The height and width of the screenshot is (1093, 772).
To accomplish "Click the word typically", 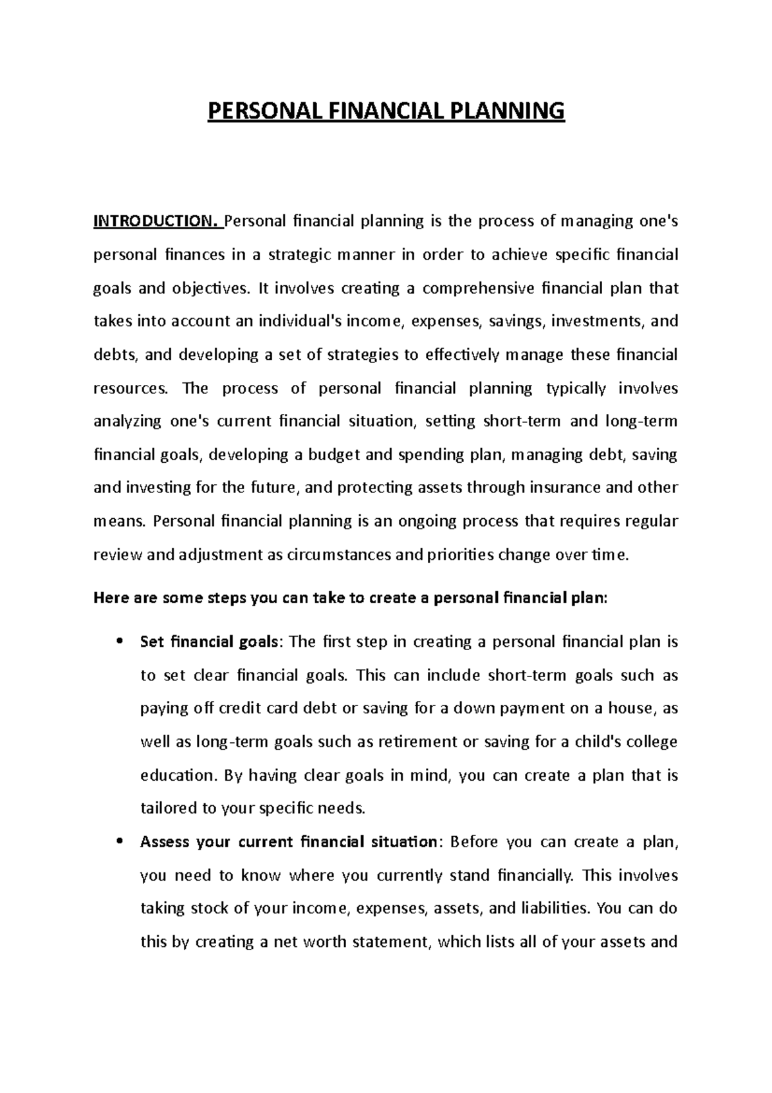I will pyautogui.click(x=576, y=388).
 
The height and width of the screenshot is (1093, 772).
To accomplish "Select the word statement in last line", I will pyautogui.click(x=388, y=942).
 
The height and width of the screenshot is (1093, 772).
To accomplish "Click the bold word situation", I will pyautogui.click(x=403, y=842).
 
